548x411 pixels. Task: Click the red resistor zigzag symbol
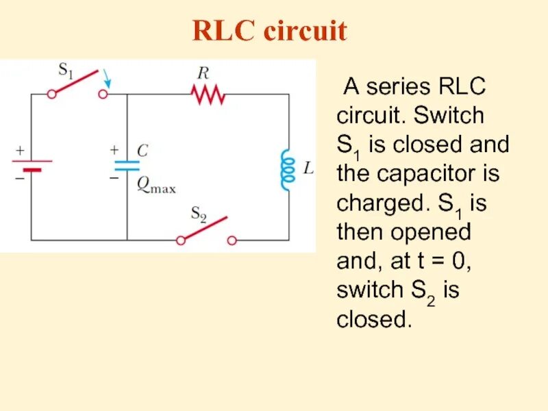pos(209,95)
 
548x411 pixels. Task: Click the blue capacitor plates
pos(127,165)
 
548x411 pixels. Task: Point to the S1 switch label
pos(65,71)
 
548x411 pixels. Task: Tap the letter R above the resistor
pos(203,73)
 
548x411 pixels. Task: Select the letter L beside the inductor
pos(308,168)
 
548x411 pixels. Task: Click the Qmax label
pos(156,184)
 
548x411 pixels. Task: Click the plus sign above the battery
pos(21,149)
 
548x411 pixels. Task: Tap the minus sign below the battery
pos(20,177)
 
